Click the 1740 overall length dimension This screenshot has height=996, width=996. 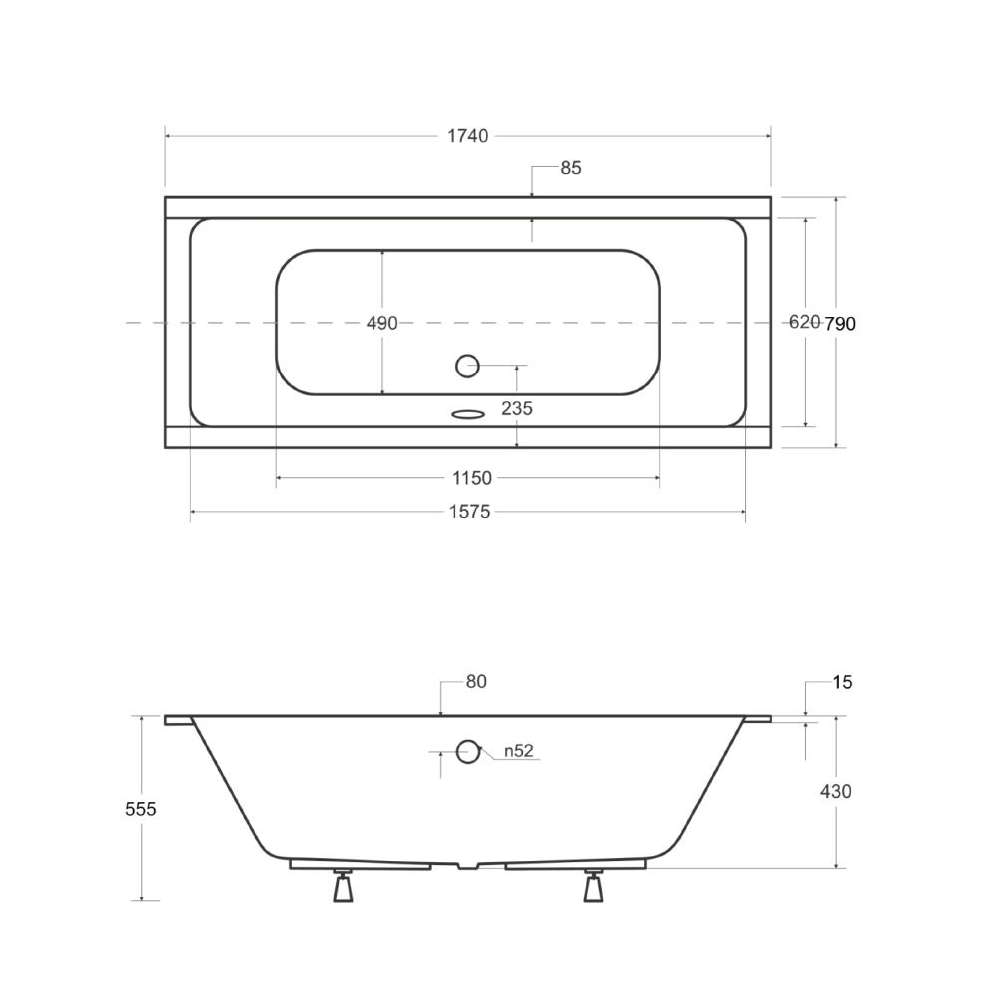[x=467, y=136]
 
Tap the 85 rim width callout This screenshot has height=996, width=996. [x=571, y=168]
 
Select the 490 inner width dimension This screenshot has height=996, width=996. [x=381, y=323]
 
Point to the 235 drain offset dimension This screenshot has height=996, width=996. [x=516, y=408]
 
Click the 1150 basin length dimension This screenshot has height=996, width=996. [x=472, y=478]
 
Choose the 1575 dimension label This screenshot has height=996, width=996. [x=470, y=512]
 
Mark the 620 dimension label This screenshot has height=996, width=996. [x=804, y=322]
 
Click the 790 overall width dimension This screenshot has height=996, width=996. [x=840, y=324]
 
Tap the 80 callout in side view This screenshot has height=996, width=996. [x=476, y=681]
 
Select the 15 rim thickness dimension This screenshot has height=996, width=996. [x=842, y=683]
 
